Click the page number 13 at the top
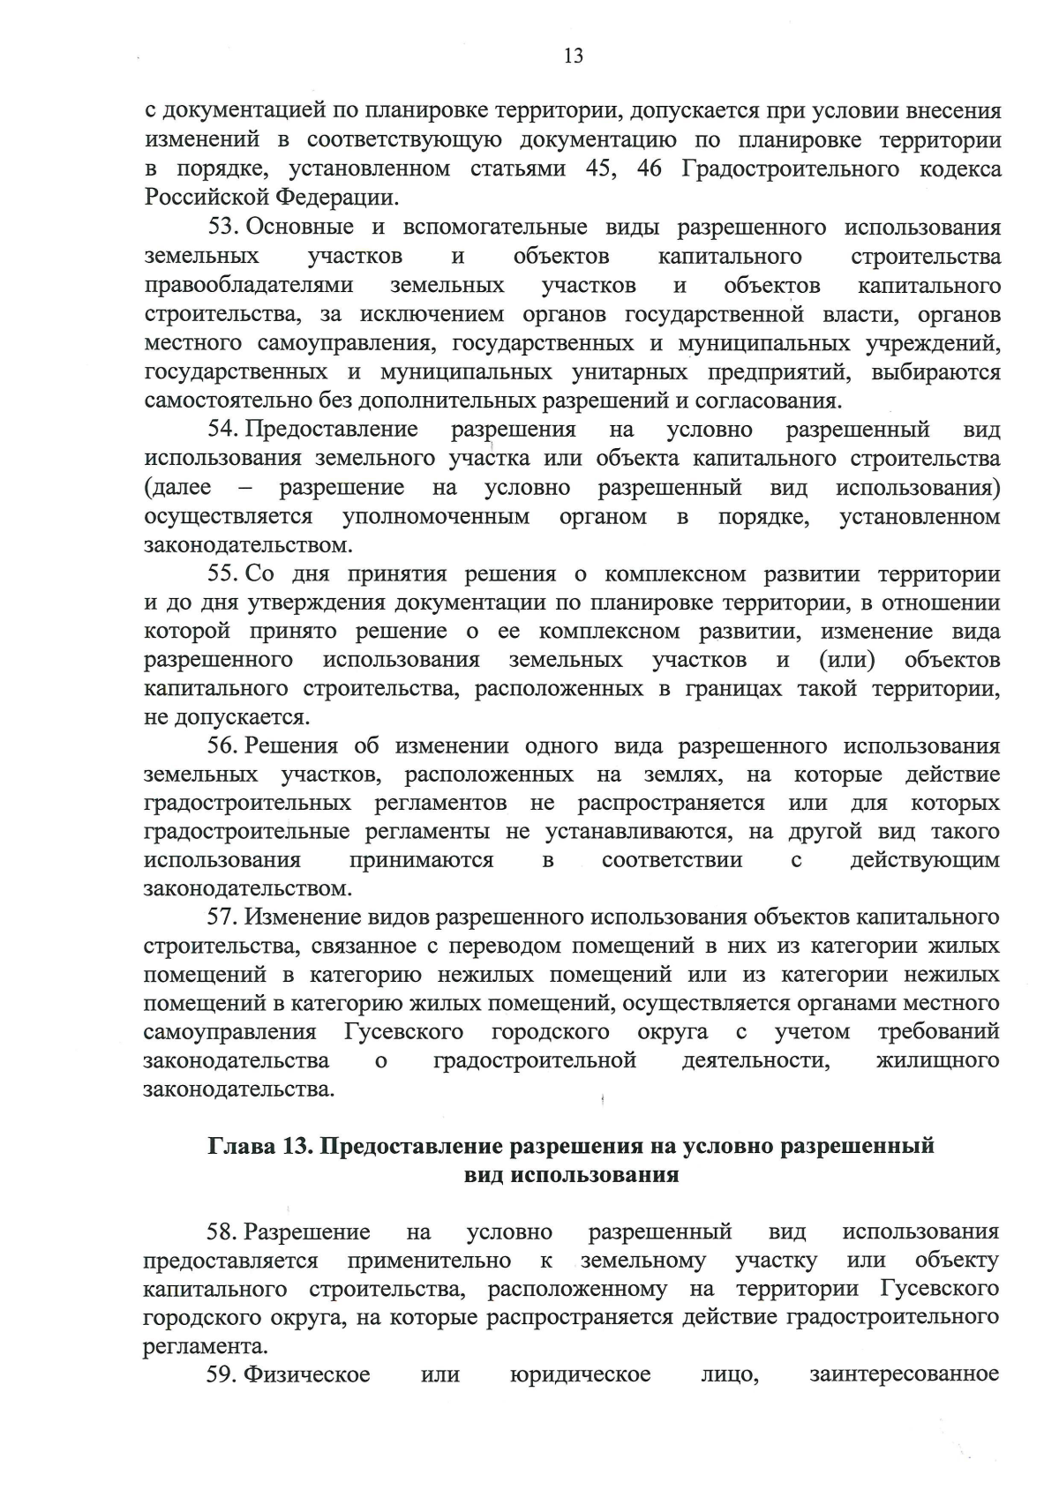tap(573, 56)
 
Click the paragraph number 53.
tap(223, 228)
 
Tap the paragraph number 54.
tap(223, 430)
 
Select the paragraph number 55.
tap(223, 574)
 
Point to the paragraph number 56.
tap(223, 746)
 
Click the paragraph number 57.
tap(223, 917)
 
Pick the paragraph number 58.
tap(222, 1231)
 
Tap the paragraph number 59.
tap(222, 1374)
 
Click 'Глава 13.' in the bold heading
tap(258, 1146)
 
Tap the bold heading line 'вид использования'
tap(572, 1175)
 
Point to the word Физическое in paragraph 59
tap(307, 1374)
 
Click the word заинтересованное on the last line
tap(904, 1374)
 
